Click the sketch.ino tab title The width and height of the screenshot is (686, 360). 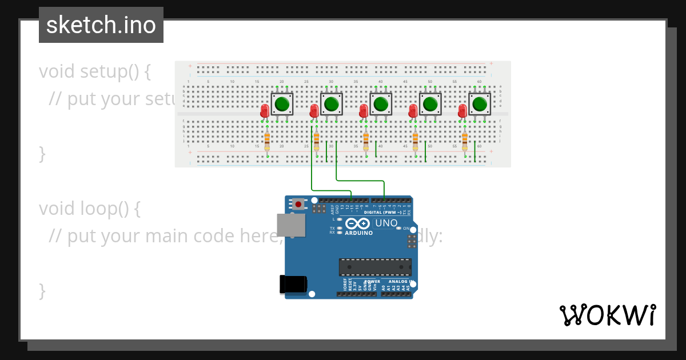(x=101, y=25)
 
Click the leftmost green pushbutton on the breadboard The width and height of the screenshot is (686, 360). (x=282, y=104)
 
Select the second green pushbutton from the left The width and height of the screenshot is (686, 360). (x=331, y=104)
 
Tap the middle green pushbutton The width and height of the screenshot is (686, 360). (x=381, y=104)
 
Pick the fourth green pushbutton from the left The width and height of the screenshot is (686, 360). (x=430, y=104)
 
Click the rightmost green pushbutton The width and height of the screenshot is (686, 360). (x=480, y=104)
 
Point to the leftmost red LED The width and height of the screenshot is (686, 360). (x=265, y=111)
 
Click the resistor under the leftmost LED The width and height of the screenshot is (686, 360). (x=267, y=140)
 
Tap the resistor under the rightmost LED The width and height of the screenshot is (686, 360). (x=465, y=140)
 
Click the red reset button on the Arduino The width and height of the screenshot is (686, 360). (x=298, y=203)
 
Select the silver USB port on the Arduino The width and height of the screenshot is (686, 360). (x=291, y=225)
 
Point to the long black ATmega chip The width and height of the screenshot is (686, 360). (x=375, y=267)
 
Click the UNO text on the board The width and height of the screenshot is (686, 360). (x=386, y=223)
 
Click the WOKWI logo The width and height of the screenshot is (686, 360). (x=607, y=315)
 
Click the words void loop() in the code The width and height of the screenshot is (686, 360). (x=89, y=209)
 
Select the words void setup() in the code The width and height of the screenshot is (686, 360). (x=94, y=71)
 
